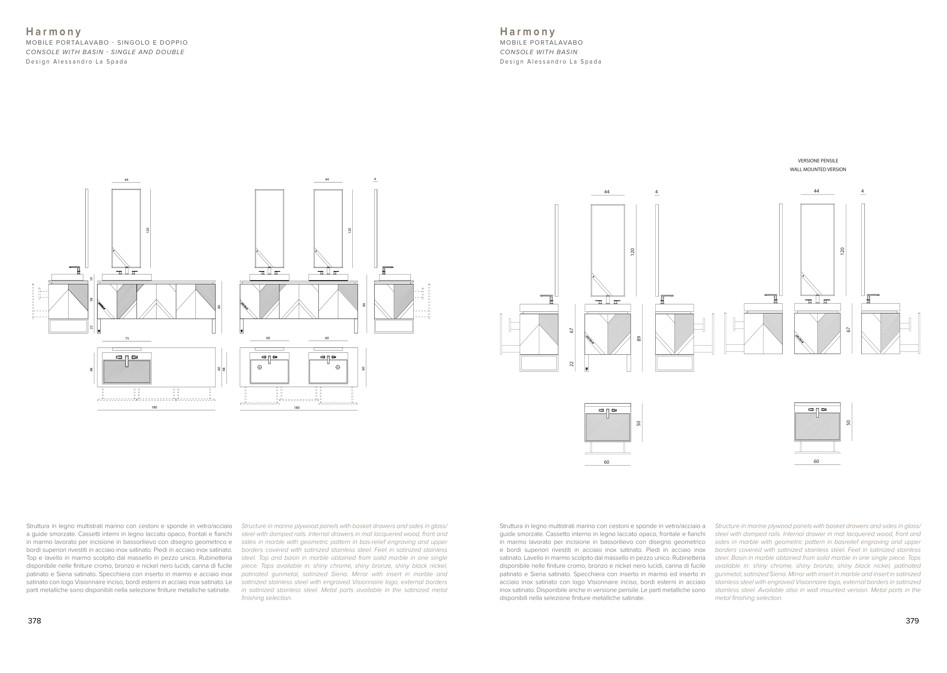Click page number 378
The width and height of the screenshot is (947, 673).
pos(34,621)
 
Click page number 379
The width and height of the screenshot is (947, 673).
pos(912,621)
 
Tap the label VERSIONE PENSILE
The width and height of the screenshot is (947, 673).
pos(817,161)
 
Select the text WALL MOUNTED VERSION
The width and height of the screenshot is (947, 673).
pos(817,170)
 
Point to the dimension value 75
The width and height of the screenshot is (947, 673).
pos(127,338)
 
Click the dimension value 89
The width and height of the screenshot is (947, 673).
pos(639,338)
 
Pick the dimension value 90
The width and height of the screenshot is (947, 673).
pos(364,305)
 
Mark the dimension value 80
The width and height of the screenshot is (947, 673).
pos(219,307)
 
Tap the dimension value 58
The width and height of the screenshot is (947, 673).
pos(92,299)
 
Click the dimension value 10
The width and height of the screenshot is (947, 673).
pos(92,279)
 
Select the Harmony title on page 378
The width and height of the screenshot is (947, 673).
pos(53,32)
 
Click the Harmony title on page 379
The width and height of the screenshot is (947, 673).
pos(527,32)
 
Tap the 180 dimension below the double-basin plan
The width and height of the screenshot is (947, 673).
pos(297,408)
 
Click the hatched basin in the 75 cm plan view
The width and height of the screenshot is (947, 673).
pos(127,372)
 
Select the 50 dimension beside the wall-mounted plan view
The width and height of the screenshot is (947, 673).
pos(848,423)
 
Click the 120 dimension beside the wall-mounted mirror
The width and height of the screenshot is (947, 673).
pos(842,251)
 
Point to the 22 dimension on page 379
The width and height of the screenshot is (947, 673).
pos(571,363)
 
